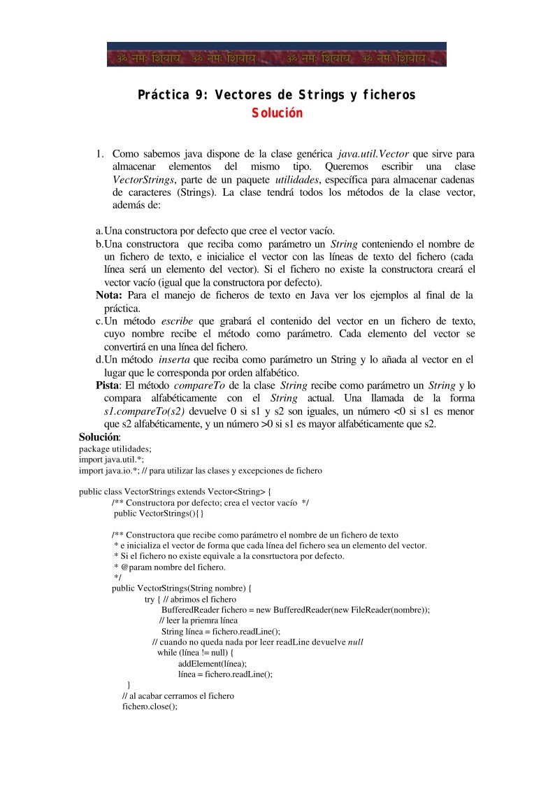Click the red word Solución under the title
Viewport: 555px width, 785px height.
277,112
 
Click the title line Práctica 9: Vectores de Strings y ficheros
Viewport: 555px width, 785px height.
277,94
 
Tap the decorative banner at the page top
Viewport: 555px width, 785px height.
277,54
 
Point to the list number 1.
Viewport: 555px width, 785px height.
100,153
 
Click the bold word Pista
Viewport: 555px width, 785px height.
108,386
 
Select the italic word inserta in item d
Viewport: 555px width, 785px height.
175,360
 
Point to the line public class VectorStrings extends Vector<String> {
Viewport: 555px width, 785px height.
176,491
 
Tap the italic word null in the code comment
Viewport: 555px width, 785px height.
356,642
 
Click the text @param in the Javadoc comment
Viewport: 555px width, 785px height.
129,567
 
